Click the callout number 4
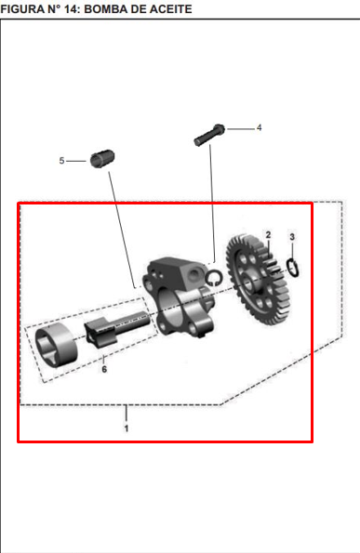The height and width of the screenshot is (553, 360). click(259, 127)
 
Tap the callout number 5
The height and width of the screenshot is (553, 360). click(61, 161)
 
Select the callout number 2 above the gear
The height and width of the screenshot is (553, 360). click(268, 235)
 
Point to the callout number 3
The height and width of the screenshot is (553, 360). click(292, 237)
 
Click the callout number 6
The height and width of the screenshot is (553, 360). click(104, 369)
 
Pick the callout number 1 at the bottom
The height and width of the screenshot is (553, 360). click(126, 428)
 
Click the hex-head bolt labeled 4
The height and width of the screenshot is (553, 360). click(209, 135)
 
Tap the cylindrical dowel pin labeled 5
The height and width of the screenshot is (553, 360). click(102, 159)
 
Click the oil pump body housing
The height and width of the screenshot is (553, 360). click(179, 297)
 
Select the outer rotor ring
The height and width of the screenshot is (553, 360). click(57, 346)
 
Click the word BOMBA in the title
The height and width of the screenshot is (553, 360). click(107, 8)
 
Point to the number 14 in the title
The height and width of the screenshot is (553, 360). click(72, 8)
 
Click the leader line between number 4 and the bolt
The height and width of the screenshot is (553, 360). click(241, 129)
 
